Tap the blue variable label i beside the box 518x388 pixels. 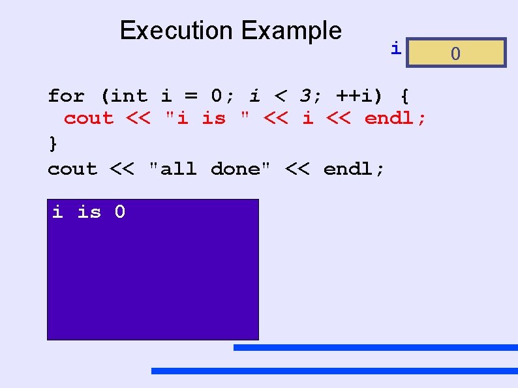pos(395,48)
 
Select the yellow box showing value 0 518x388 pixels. pos(455,53)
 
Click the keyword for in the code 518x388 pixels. pos(66,97)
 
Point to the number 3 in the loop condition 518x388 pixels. pos(305,97)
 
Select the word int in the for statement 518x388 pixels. pos(130,97)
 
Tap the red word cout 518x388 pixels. pos(89,119)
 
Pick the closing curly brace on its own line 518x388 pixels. pos(53,143)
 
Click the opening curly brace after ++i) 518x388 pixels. pos(404,97)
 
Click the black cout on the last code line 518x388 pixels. pos(72,169)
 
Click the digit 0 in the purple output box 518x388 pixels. pos(120,212)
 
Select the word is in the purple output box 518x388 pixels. pos(89,212)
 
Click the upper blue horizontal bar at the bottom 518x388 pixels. pos(375,348)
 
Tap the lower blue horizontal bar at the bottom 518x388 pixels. pos(334,370)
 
